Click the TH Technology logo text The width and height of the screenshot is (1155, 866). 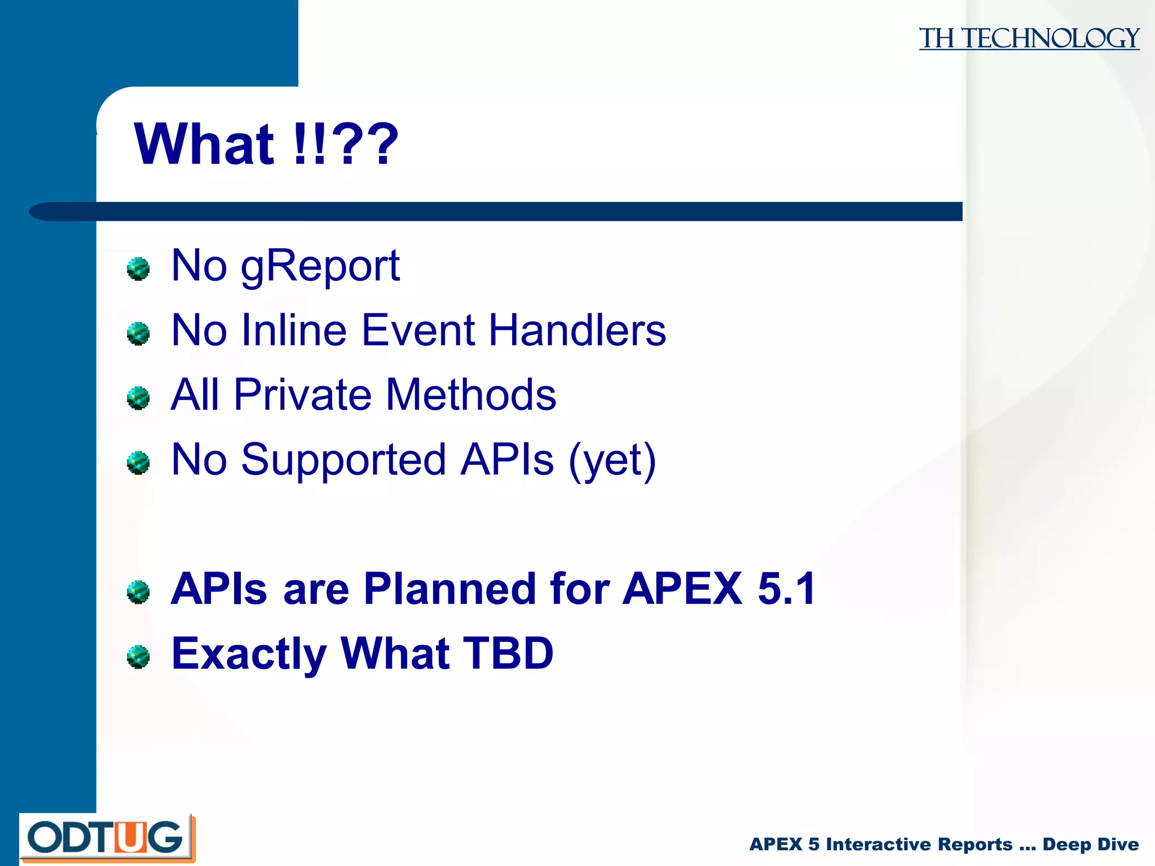tap(1029, 38)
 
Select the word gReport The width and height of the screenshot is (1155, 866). tap(320, 266)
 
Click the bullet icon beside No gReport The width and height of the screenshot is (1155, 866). tap(138, 269)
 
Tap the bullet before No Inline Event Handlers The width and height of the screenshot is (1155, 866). tap(138, 334)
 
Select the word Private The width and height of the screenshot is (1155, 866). tap(302, 395)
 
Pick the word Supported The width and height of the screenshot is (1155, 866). tap(343, 460)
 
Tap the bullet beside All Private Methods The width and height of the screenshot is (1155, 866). tap(138, 398)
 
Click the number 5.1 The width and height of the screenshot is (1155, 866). tap(787, 589)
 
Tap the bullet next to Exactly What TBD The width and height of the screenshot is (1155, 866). tap(138, 657)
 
